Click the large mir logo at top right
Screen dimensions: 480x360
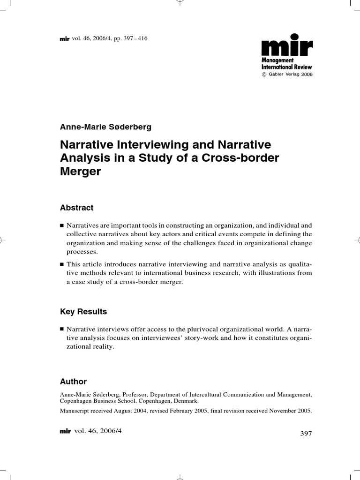(286, 46)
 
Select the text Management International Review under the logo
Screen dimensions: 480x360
(286, 64)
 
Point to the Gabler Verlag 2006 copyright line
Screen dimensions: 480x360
(286, 74)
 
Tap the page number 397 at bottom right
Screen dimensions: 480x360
(306, 434)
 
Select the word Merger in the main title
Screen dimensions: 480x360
(80, 172)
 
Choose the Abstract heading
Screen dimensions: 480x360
(77, 208)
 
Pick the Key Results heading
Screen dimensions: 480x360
(83, 312)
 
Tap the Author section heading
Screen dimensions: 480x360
(74, 382)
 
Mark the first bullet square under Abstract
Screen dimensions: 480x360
(62, 225)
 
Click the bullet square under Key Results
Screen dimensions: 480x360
(62, 329)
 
